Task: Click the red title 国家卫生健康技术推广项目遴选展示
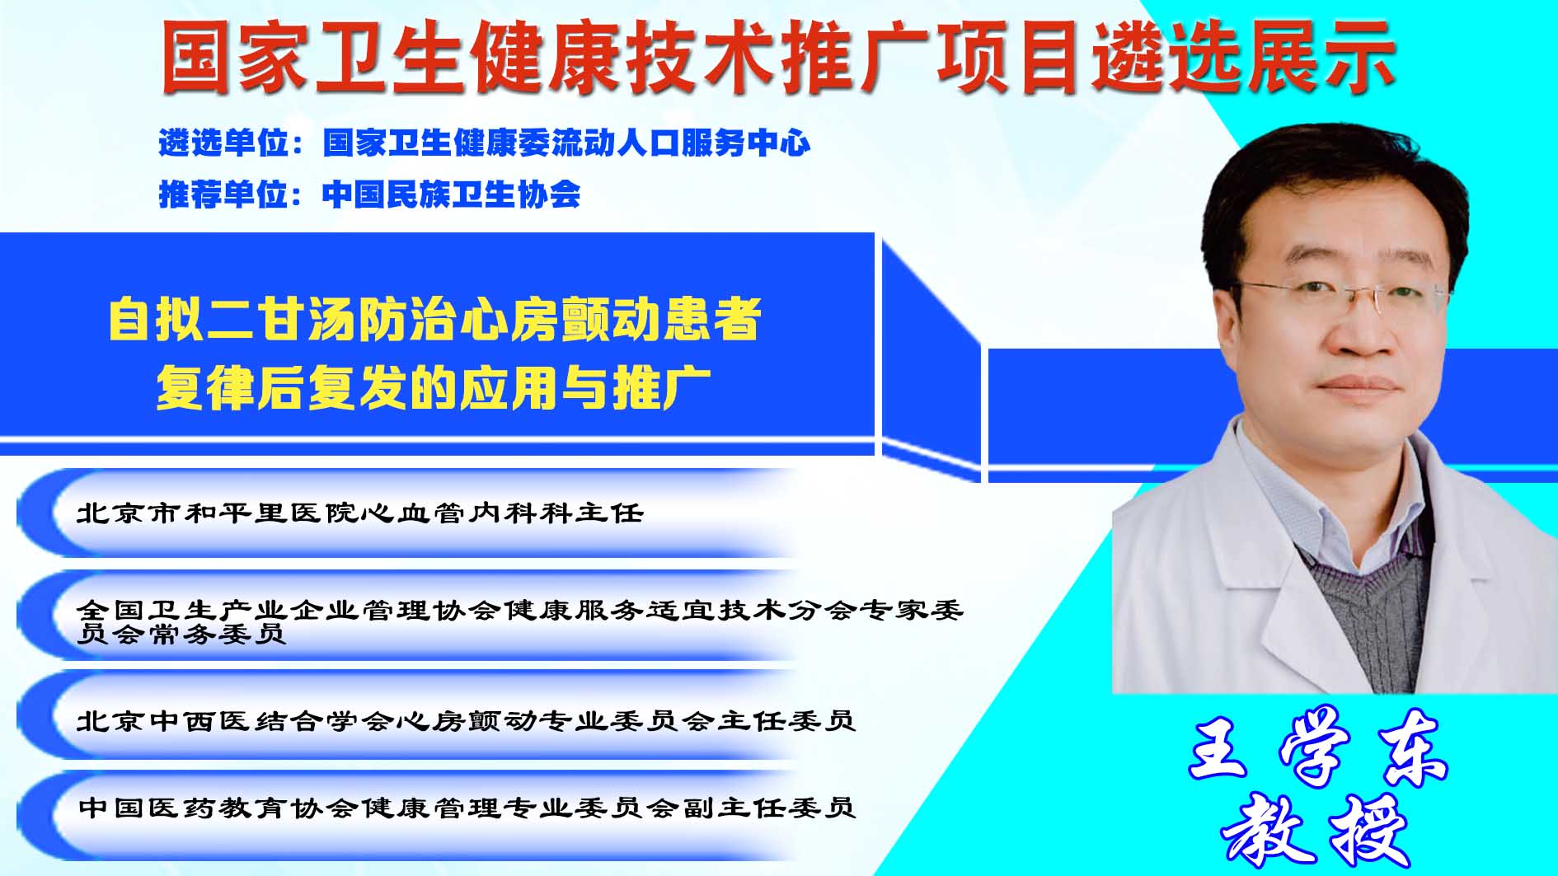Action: coord(778,56)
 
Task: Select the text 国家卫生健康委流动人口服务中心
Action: coord(566,143)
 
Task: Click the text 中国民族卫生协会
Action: coord(451,194)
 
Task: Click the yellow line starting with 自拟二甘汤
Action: coord(435,319)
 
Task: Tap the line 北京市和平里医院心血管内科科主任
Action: coord(359,513)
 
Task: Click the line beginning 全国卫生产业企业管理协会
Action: coord(520,610)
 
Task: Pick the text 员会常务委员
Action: coord(181,633)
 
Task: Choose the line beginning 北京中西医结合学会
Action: coord(466,721)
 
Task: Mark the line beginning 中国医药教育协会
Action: coord(467,807)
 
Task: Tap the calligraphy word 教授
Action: coord(1316,828)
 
